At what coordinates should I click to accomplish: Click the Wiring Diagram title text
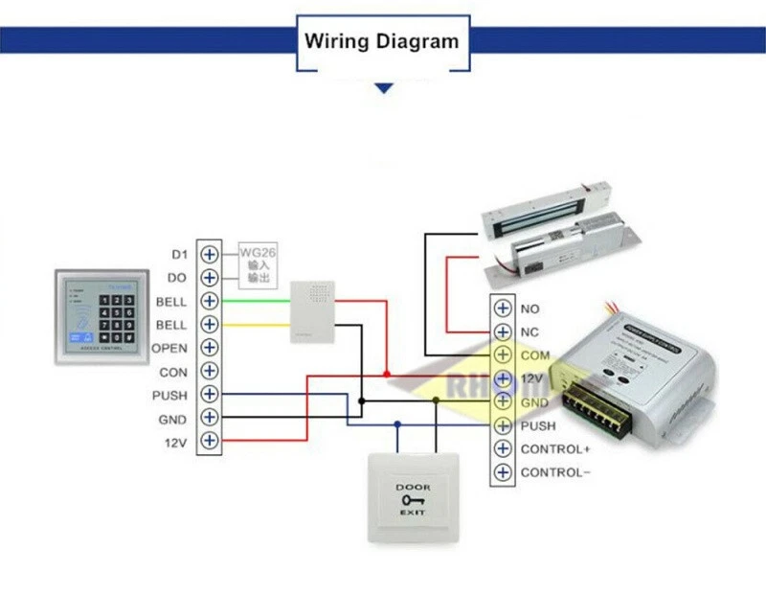coord(382,41)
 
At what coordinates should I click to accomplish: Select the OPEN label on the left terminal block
coord(169,348)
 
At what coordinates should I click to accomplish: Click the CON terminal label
coord(173,372)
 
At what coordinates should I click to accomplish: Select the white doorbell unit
coord(313,311)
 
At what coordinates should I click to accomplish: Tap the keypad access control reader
coord(100,317)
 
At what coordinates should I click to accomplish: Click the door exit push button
coord(414,496)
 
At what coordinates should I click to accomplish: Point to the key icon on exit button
coord(414,500)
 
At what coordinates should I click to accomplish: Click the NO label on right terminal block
coord(529,308)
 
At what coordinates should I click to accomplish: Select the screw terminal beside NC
coord(503,331)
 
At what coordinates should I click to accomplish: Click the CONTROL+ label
coord(555,448)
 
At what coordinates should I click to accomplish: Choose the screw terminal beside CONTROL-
coord(503,471)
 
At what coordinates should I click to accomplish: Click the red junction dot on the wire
coord(386,373)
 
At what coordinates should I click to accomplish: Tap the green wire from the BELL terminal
coord(254,301)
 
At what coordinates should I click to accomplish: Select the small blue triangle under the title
coord(384,88)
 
